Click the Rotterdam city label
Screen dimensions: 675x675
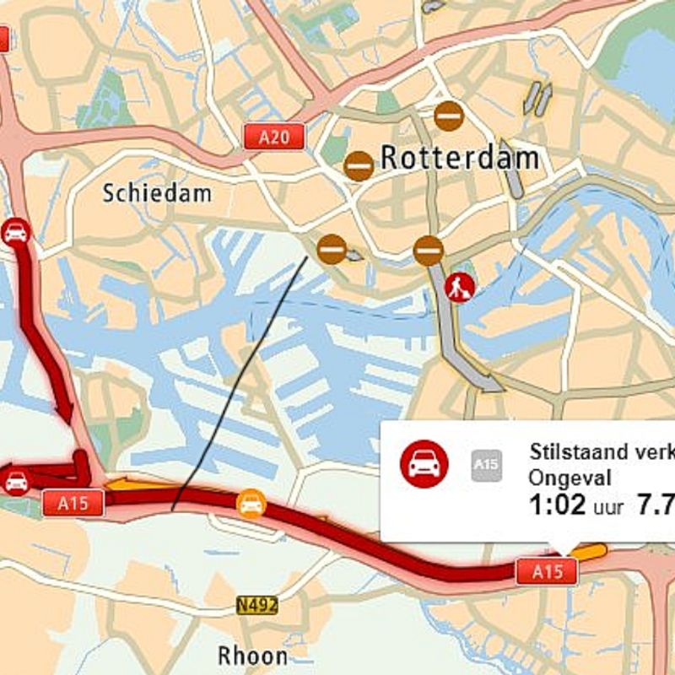click(459, 158)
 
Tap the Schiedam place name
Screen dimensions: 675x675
click(157, 193)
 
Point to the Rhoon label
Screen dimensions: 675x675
click(252, 655)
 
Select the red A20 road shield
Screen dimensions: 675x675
click(274, 137)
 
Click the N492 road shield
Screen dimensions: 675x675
click(256, 605)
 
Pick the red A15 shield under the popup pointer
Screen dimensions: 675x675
click(547, 571)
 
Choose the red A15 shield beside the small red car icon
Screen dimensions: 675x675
click(73, 503)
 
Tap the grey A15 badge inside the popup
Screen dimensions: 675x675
click(486, 464)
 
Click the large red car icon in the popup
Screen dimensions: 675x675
click(424, 463)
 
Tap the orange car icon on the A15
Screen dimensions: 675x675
click(251, 504)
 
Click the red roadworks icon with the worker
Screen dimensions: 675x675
click(461, 287)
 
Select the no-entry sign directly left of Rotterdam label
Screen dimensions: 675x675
click(359, 166)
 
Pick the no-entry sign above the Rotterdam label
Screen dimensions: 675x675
click(449, 116)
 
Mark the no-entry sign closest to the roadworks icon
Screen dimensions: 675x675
click(429, 251)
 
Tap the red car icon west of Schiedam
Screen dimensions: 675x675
click(16, 232)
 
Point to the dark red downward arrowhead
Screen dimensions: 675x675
click(65, 413)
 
